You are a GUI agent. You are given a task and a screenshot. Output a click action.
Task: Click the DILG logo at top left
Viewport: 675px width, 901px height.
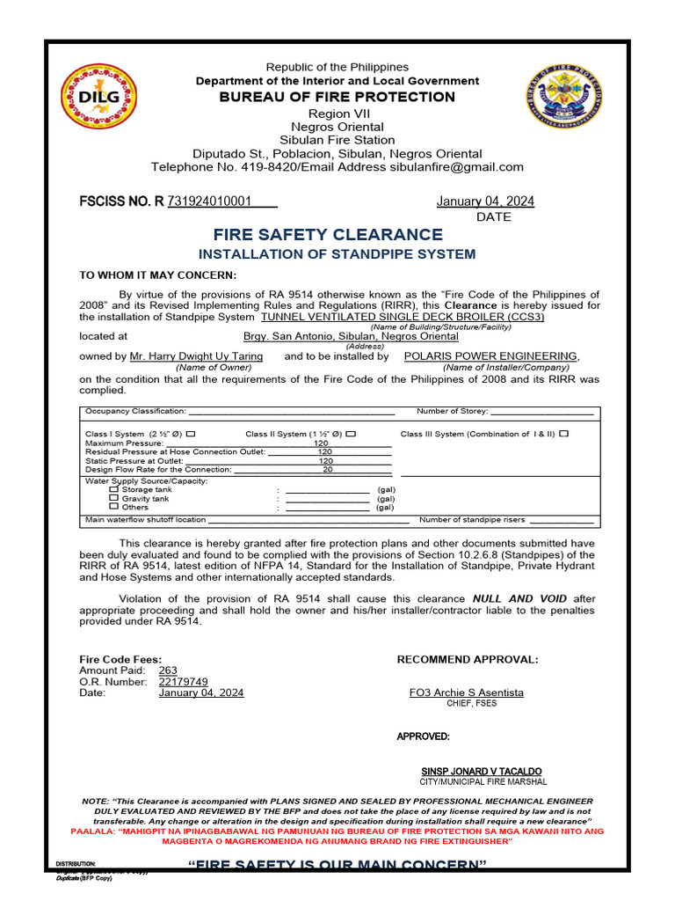click(x=98, y=97)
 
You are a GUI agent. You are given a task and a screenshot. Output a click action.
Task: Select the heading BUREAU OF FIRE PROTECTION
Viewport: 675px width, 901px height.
click(x=337, y=97)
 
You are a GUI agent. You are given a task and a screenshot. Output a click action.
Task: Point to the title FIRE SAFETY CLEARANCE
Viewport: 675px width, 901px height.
click(x=328, y=235)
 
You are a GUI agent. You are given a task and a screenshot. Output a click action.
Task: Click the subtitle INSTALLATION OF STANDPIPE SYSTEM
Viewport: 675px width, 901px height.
click(x=337, y=254)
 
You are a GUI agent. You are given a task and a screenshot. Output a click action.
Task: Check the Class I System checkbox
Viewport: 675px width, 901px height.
click(x=191, y=434)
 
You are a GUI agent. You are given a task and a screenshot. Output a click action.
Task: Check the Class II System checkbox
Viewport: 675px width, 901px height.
click(x=351, y=434)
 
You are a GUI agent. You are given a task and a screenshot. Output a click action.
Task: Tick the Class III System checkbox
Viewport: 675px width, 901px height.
click(x=563, y=433)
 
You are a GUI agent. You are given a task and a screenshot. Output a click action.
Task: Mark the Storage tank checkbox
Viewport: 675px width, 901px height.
click(x=113, y=489)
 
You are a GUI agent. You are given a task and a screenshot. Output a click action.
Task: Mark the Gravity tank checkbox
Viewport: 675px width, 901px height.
click(x=113, y=498)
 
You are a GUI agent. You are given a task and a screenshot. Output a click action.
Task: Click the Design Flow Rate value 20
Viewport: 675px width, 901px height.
click(x=327, y=470)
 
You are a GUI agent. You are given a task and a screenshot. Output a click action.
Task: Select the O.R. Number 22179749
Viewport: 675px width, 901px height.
click(x=183, y=681)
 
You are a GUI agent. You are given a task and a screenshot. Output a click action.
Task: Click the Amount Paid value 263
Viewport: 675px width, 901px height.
click(x=168, y=670)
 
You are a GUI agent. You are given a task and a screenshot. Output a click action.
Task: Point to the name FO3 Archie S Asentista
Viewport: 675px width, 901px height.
click(x=466, y=692)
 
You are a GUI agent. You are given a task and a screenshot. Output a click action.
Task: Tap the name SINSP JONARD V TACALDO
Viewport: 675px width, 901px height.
click(x=482, y=771)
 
